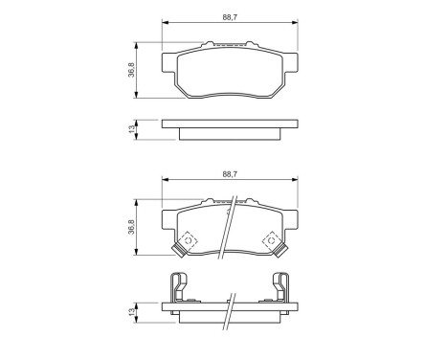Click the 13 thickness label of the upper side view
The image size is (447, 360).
click(129, 128)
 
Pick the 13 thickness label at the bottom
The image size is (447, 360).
click(129, 313)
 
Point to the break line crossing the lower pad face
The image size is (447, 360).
click(227, 230)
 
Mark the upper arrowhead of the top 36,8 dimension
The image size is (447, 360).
click(140, 44)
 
